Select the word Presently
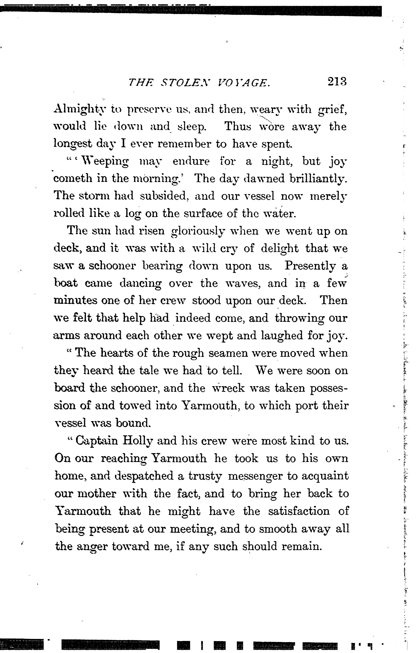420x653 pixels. tap(310, 266)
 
